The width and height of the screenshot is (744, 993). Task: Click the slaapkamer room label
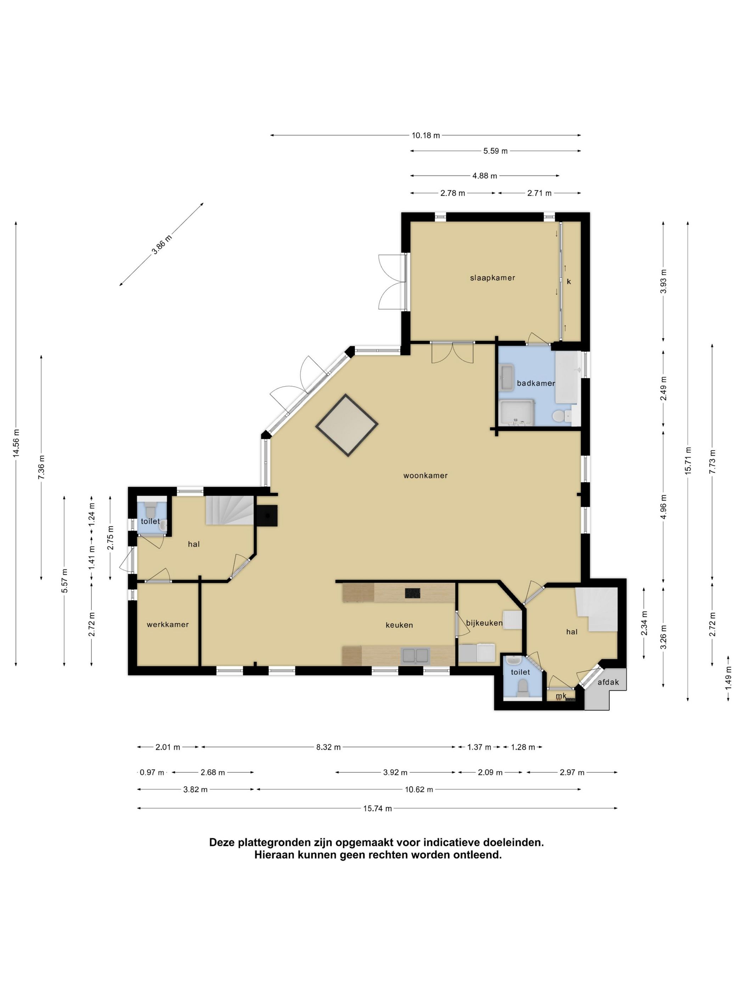[x=492, y=278]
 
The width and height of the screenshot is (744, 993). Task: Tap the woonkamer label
[x=425, y=476]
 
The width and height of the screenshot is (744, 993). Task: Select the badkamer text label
[x=536, y=383]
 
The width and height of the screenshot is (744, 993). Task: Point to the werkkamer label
[x=168, y=625]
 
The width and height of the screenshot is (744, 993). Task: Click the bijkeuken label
[x=484, y=623]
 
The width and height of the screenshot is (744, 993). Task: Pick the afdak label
[x=608, y=682]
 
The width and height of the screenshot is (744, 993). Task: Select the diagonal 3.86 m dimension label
[x=162, y=245]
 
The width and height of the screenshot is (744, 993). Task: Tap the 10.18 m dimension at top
[x=425, y=135]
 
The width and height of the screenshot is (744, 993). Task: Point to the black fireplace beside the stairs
[x=267, y=515]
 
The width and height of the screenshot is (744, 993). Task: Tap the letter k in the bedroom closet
[x=569, y=282]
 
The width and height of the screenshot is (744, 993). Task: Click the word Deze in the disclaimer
[x=222, y=843]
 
